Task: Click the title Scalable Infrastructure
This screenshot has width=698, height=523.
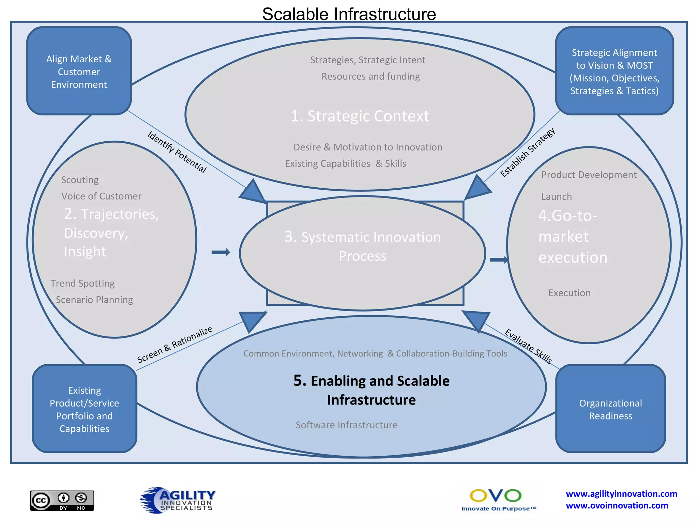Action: (349, 14)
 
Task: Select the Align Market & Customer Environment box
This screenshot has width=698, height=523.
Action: (79, 72)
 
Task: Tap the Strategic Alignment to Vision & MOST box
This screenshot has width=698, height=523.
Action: (614, 72)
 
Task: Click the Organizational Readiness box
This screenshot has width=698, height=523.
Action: (610, 409)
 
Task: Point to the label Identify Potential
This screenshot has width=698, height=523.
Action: (177, 152)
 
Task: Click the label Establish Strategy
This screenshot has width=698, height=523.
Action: (527, 152)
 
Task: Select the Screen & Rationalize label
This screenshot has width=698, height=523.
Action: (174, 344)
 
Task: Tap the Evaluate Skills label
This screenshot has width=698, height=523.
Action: (528, 346)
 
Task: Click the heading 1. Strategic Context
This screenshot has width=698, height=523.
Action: (360, 116)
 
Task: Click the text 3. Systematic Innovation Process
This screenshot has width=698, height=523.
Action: (362, 246)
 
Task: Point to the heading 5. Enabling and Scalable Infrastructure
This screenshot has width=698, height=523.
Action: (371, 390)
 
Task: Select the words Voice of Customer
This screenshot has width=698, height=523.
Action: (101, 196)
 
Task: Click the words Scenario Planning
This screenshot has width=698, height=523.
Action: (94, 300)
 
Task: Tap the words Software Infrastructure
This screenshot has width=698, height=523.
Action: (346, 425)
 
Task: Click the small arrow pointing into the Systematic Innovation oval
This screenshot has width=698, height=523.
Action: (221, 252)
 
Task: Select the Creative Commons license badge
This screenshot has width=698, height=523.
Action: (62, 501)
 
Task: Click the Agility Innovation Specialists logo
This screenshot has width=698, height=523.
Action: (178, 500)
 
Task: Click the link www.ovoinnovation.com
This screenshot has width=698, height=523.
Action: (617, 506)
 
